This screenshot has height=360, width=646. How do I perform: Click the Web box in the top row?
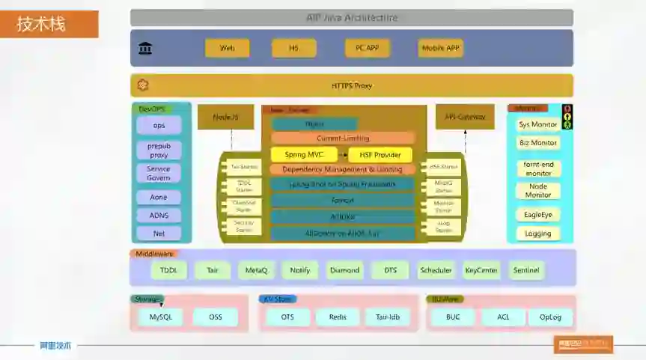click(227, 48)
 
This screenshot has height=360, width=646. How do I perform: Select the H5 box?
click(294, 48)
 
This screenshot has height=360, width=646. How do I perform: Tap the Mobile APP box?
click(441, 48)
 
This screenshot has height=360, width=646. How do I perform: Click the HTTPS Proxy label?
click(352, 85)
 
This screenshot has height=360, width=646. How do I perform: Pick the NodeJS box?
click(225, 117)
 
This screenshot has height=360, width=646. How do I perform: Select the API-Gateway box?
click(465, 117)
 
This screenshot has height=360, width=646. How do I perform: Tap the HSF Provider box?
click(380, 155)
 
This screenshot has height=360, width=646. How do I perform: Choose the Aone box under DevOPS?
click(159, 197)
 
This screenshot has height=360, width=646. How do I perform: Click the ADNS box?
click(159, 216)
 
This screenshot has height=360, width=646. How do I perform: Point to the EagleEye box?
click(537, 214)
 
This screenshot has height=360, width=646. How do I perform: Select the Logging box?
click(537, 234)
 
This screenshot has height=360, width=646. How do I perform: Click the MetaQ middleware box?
click(257, 270)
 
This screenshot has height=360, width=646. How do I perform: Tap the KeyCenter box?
click(481, 270)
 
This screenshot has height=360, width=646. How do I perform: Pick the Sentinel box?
click(525, 270)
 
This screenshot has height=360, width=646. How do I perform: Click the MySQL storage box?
click(160, 317)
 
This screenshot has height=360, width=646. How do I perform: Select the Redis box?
click(338, 317)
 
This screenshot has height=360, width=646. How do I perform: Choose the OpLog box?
click(550, 317)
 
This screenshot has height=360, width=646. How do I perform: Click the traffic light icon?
click(567, 117)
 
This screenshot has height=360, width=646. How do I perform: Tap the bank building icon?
click(145, 49)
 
